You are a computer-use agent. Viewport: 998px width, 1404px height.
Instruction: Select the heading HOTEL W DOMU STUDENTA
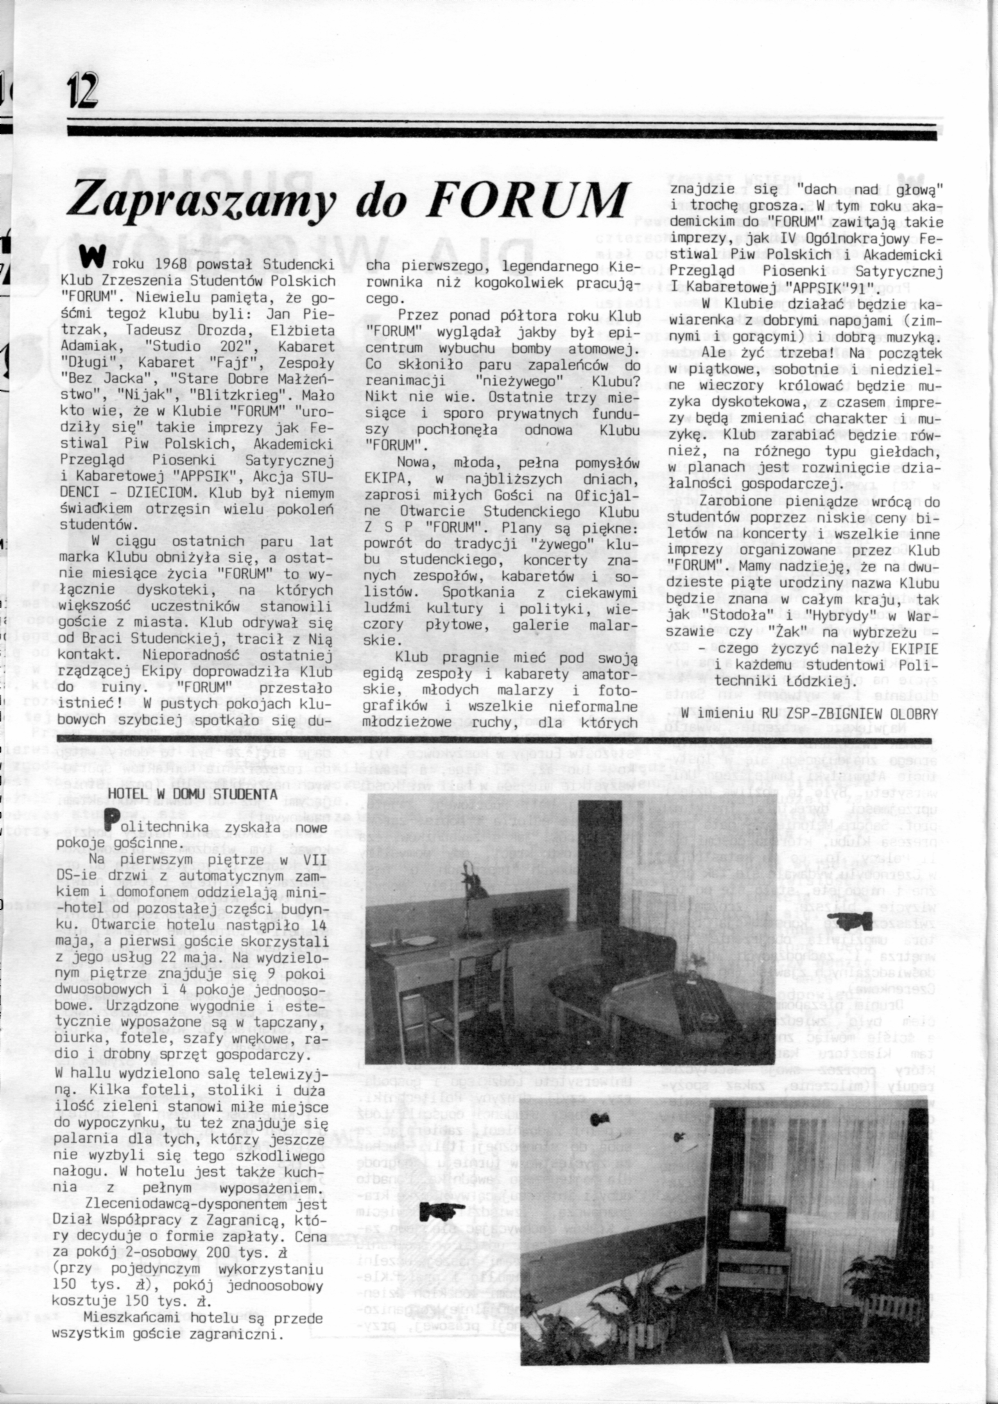pos(192,794)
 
